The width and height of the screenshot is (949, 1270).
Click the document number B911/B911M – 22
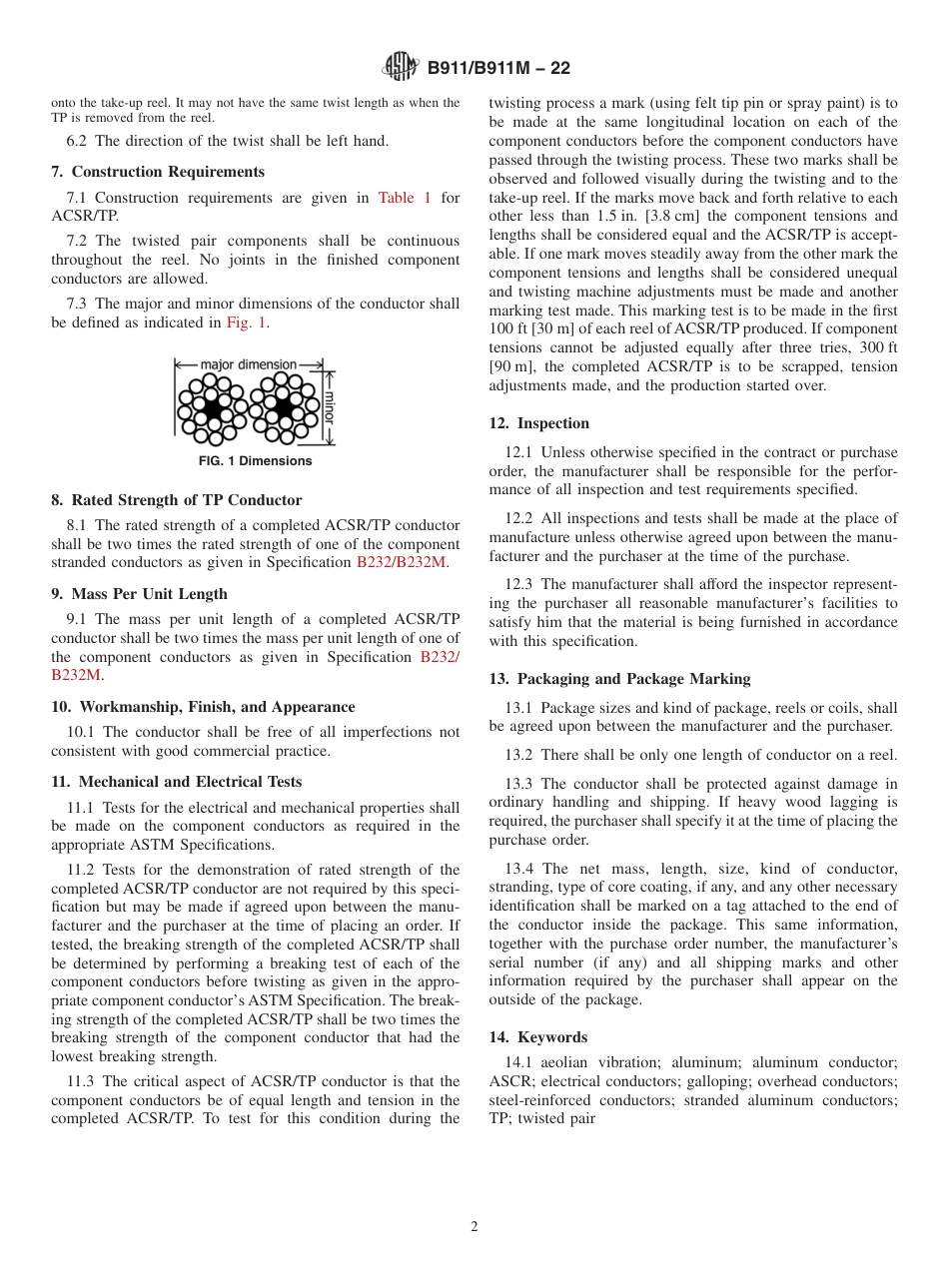point(497,69)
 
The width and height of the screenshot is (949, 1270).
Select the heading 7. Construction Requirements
point(158,172)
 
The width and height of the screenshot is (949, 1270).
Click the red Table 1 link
point(405,198)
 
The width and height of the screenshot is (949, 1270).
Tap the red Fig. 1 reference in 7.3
point(245,322)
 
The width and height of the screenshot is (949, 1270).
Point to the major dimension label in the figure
point(249,365)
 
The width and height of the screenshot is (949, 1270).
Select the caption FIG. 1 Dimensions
point(255,461)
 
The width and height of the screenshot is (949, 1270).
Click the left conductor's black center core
point(213,408)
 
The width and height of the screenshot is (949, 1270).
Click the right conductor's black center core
point(284,408)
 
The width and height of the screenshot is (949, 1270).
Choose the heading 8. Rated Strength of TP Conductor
point(176,500)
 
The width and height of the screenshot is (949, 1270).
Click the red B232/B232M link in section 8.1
point(402,562)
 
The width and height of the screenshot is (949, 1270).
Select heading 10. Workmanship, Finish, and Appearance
point(203,707)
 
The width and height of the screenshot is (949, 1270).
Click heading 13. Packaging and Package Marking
point(619,679)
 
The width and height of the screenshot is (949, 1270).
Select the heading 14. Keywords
point(537,1037)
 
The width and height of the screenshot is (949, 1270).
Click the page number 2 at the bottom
point(474,1227)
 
